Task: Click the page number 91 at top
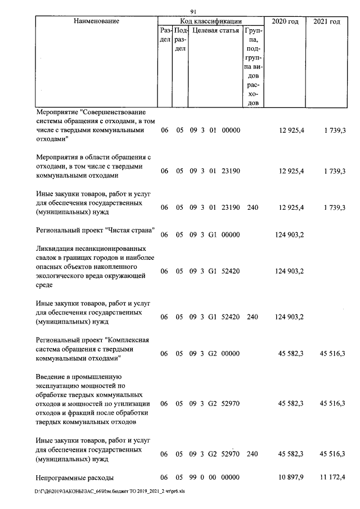193,11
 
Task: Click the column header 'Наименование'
96,21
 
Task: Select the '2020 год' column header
285,21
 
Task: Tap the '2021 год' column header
326,21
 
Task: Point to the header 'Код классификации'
210,21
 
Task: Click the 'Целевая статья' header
215,30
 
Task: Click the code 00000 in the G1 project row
231,235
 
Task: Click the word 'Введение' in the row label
52,376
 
